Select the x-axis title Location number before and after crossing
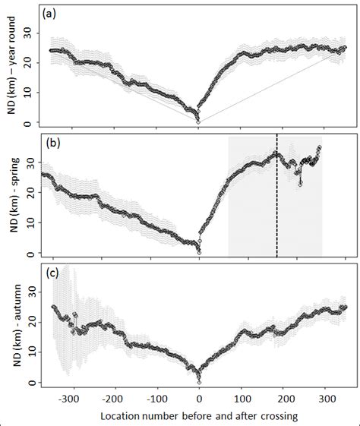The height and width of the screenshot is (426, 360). pyautogui.click(x=198, y=415)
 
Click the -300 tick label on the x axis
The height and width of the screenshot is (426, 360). pyautogui.click(x=70, y=396)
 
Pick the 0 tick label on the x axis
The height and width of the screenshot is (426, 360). pyautogui.click(x=199, y=396)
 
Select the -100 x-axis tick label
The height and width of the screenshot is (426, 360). pyautogui.click(x=156, y=396)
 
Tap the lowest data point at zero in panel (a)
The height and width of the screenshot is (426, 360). pyautogui.click(x=198, y=121)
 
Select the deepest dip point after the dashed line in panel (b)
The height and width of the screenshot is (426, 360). pyautogui.click(x=300, y=183)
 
